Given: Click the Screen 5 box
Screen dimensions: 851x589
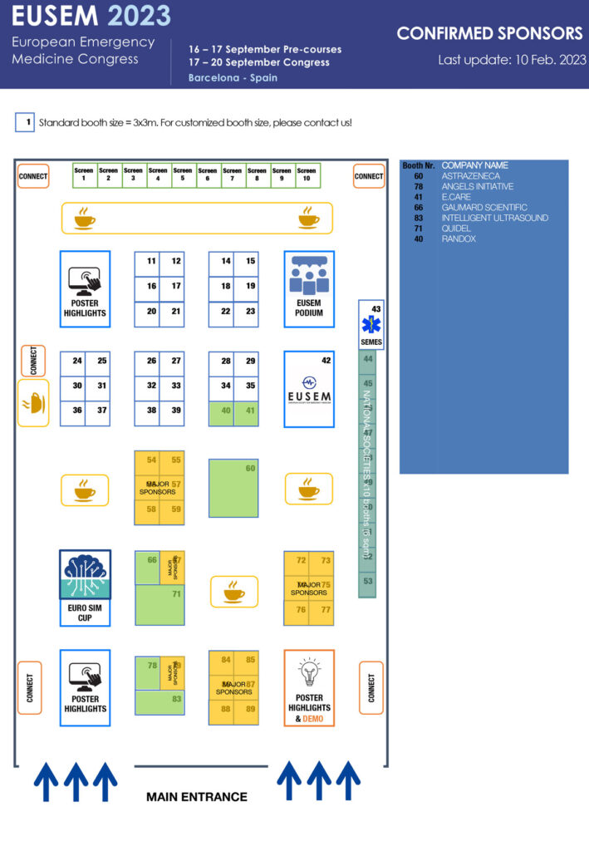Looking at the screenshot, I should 183,174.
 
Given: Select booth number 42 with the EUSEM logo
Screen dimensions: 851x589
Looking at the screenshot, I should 309,388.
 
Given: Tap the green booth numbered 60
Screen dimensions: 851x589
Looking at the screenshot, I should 233,487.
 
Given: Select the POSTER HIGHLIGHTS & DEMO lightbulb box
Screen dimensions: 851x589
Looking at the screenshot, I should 309,687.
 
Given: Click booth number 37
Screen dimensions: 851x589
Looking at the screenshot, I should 98,410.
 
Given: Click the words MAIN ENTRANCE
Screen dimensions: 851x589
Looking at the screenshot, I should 197,797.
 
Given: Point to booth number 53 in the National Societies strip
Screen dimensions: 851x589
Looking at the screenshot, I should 367,581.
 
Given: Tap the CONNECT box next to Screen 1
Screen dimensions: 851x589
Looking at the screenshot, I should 33,176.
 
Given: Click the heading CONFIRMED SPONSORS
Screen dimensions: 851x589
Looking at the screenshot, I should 489,34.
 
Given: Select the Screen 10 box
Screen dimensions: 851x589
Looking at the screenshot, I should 307,174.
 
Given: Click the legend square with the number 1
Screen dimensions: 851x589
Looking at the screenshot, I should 25,122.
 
